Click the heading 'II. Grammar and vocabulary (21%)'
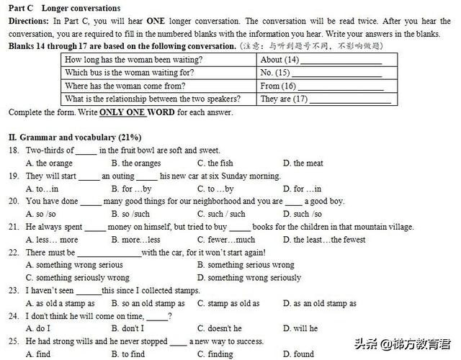[75, 137]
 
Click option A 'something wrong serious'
[74, 265]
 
